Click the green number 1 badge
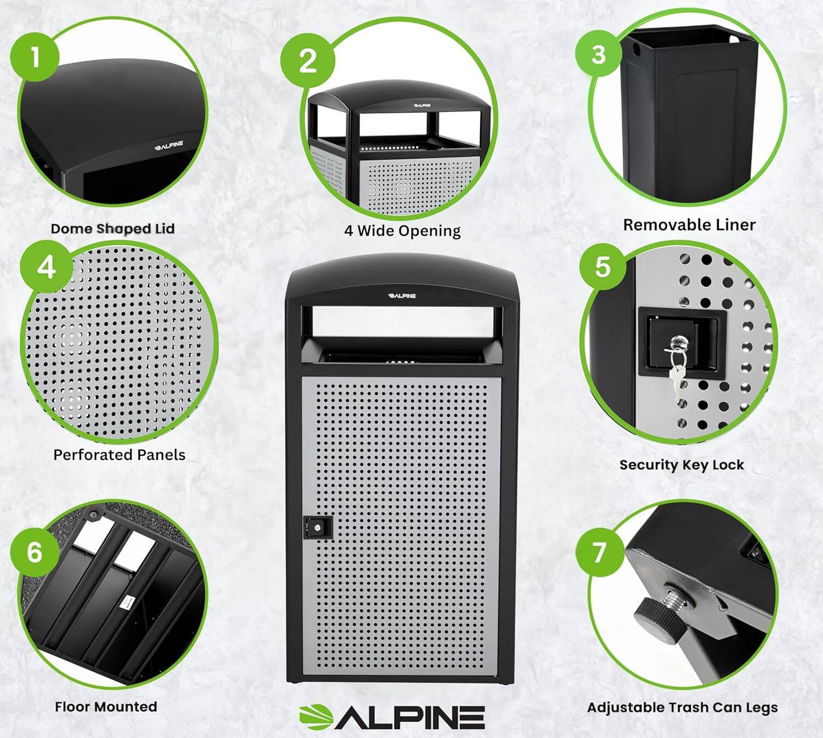click(x=35, y=57)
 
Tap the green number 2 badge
click(x=307, y=59)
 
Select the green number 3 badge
click(x=599, y=54)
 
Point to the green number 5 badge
click(x=603, y=266)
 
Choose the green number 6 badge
click(x=35, y=551)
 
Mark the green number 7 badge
click(x=599, y=552)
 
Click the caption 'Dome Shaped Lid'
click(x=112, y=229)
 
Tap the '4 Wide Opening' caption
click(x=402, y=231)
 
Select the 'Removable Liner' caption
click(x=689, y=225)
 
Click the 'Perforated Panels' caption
click(x=119, y=455)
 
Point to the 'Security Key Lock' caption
click(x=681, y=465)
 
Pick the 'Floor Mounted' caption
click(x=106, y=707)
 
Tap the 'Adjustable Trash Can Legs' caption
click(x=682, y=707)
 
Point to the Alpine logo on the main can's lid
click(x=402, y=296)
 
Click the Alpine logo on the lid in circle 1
click(x=168, y=146)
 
